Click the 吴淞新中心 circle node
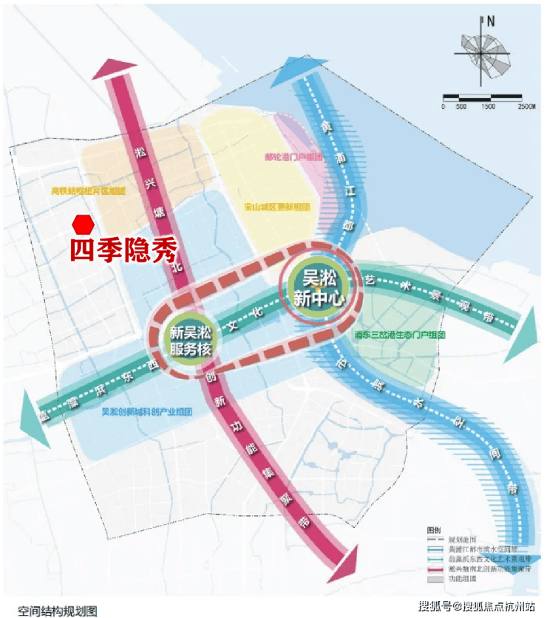pyautogui.click(x=322, y=284)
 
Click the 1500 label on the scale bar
pyautogui.click(x=488, y=107)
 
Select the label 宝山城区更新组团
pyautogui.click(x=276, y=207)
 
